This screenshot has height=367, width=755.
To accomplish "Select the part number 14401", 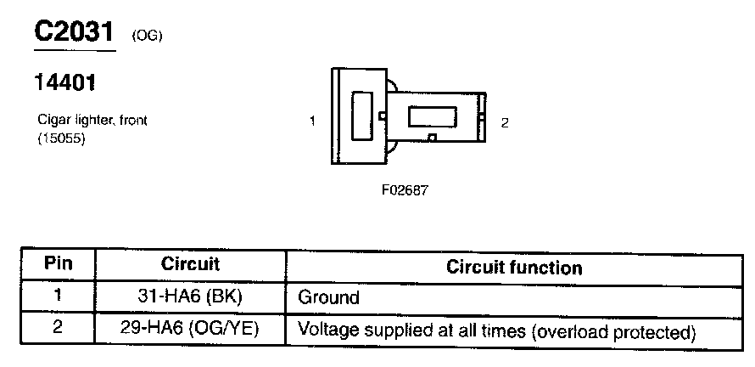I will pyautogui.click(x=64, y=83).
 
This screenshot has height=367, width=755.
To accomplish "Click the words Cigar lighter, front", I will pyautogui.click(x=92, y=121).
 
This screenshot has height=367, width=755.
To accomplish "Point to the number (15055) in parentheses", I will pyautogui.click(x=62, y=137).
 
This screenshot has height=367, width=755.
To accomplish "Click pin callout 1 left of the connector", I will pyautogui.click(x=312, y=121).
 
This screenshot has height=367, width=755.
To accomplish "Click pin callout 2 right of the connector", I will pyautogui.click(x=505, y=122).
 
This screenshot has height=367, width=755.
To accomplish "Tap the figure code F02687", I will pyautogui.click(x=405, y=190).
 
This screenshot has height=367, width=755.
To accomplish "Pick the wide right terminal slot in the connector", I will pyautogui.click(x=434, y=117).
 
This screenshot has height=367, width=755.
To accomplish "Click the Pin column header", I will pyautogui.click(x=57, y=264).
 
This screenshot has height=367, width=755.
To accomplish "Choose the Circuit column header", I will pyautogui.click(x=190, y=264).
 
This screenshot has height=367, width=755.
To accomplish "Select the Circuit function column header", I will pyautogui.click(x=514, y=268).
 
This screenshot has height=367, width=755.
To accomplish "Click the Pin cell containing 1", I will pyautogui.click(x=57, y=296).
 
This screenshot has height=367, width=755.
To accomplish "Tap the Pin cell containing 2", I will pyautogui.click(x=57, y=328).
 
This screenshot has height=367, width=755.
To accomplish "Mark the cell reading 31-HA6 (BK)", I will pyautogui.click(x=190, y=297).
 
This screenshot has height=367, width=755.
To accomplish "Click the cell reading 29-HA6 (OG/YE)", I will pyautogui.click(x=190, y=329).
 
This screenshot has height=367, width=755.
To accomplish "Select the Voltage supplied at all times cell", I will pyautogui.click(x=496, y=330).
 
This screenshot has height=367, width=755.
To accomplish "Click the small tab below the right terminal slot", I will pyautogui.click(x=433, y=138).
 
